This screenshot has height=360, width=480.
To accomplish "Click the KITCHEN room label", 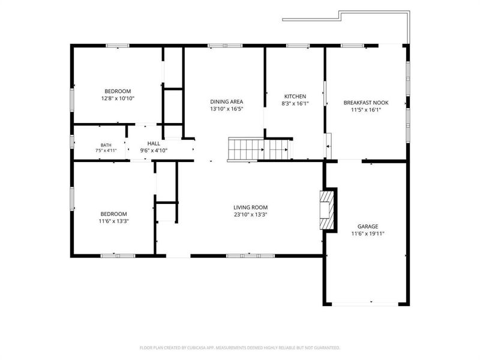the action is tap(295, 97).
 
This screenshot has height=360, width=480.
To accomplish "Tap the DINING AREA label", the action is tap(227, 101).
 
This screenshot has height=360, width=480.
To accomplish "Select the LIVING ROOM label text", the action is tap(250, 208).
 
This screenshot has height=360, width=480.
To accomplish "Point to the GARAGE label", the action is tap(368, 227).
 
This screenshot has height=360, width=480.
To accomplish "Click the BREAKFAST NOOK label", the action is tap(366, 103).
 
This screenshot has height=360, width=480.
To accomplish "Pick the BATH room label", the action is tap(106, 145).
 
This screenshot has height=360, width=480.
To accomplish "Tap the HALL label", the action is tap(154, 143).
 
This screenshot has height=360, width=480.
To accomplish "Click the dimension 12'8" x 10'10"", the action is tap(118, 98).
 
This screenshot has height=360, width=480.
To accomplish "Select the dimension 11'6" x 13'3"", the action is tap(113, 221).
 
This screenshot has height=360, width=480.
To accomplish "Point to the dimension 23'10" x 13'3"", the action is tap(250, 215).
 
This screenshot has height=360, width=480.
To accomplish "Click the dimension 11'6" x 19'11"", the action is tap(368, 234).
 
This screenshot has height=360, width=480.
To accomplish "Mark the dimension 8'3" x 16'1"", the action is tap(295, 104).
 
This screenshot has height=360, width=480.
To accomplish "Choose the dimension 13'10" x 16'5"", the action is tap(227, 109).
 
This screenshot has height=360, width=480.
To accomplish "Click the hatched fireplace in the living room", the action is tap(326, 210).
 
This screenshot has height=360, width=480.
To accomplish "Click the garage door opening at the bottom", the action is tap(365, 304).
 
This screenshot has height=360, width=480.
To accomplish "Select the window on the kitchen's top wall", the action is tap(298, 46).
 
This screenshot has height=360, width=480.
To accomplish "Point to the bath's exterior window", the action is tap(72, 142).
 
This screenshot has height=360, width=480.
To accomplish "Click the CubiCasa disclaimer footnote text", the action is tap(239, 348).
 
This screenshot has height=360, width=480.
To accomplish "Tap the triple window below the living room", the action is tap(250, 256).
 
